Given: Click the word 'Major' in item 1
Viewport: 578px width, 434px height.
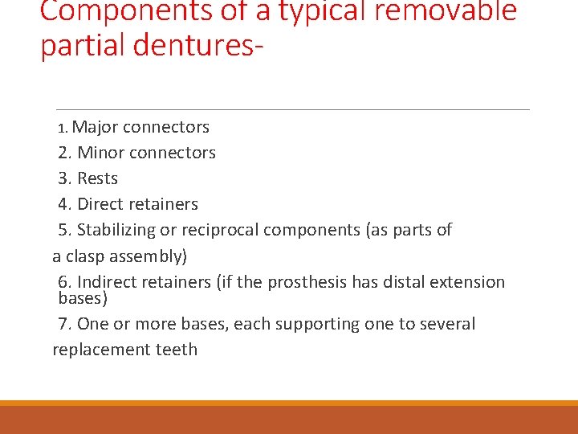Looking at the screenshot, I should (x=96, y=127).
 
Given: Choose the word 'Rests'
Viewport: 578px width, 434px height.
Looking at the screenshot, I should (x=97, y=178).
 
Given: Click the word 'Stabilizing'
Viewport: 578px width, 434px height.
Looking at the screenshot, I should (x=116, y=230).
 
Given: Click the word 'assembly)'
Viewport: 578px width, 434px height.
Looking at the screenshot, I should (x=150, y=256).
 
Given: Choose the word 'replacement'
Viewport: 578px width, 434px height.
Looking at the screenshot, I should (x=100, y=350).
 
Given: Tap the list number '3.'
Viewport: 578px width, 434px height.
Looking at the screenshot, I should (x=66, y=178).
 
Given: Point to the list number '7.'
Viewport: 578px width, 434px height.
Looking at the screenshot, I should (x=66, y=324).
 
